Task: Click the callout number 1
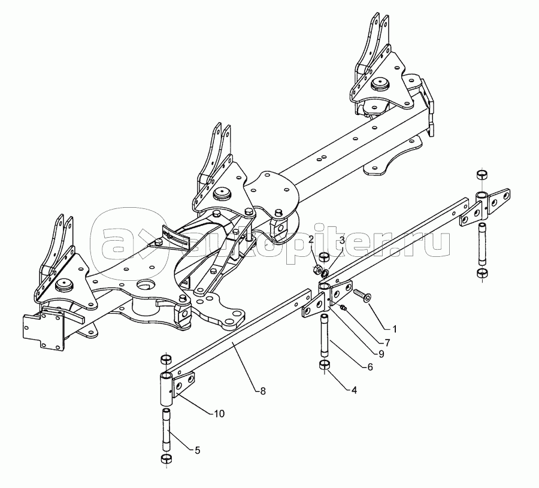point(395,329)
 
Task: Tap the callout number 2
point(311,240)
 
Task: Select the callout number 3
point(342,240)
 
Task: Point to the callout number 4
point(354,390)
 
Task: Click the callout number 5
point(197,450)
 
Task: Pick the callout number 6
point(370,367)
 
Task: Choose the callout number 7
point(387,342)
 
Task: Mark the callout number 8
point(263,391)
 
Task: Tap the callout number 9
point(381,354)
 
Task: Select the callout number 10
point(219,413)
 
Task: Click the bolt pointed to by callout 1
point(362,295)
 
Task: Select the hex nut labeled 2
point(318,269)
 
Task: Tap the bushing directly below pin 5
point(166,459)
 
